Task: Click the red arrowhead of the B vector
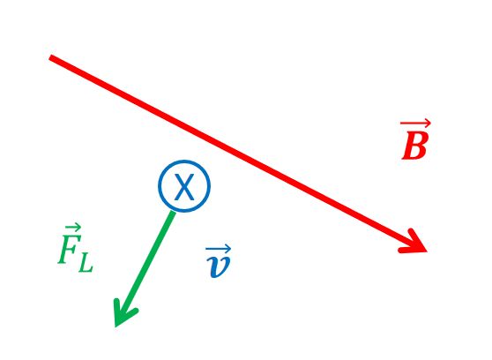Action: pos(416,243)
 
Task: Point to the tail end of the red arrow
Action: pos(50,57)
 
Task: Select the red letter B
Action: pos(414,145)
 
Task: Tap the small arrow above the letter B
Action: pos(415,124)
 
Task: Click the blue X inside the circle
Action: pos(184,187)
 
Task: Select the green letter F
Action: pos(70,249)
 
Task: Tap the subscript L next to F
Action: pos(86,263)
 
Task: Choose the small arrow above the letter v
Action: pos(219,249)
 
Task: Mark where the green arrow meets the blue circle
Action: pos(173,212)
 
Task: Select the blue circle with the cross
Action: pos(184,161)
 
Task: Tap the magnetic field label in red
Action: pos(415,139)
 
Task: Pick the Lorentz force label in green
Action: pos(75,248)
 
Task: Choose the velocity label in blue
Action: pos(219,261)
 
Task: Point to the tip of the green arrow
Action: pos(116,326)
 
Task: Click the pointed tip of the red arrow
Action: pos(428,251)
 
